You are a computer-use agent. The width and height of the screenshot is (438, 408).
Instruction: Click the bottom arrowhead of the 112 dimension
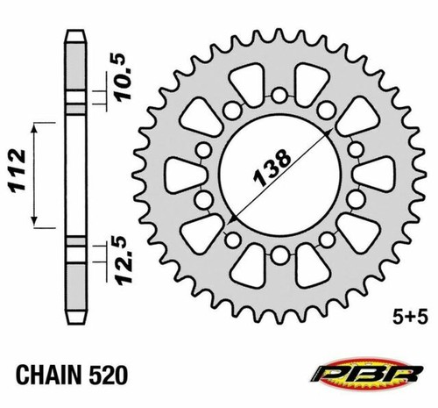pyautogui.click(x=36, y=224)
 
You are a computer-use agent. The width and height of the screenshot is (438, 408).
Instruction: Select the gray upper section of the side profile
pyautogui.click(x=76, y=70)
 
